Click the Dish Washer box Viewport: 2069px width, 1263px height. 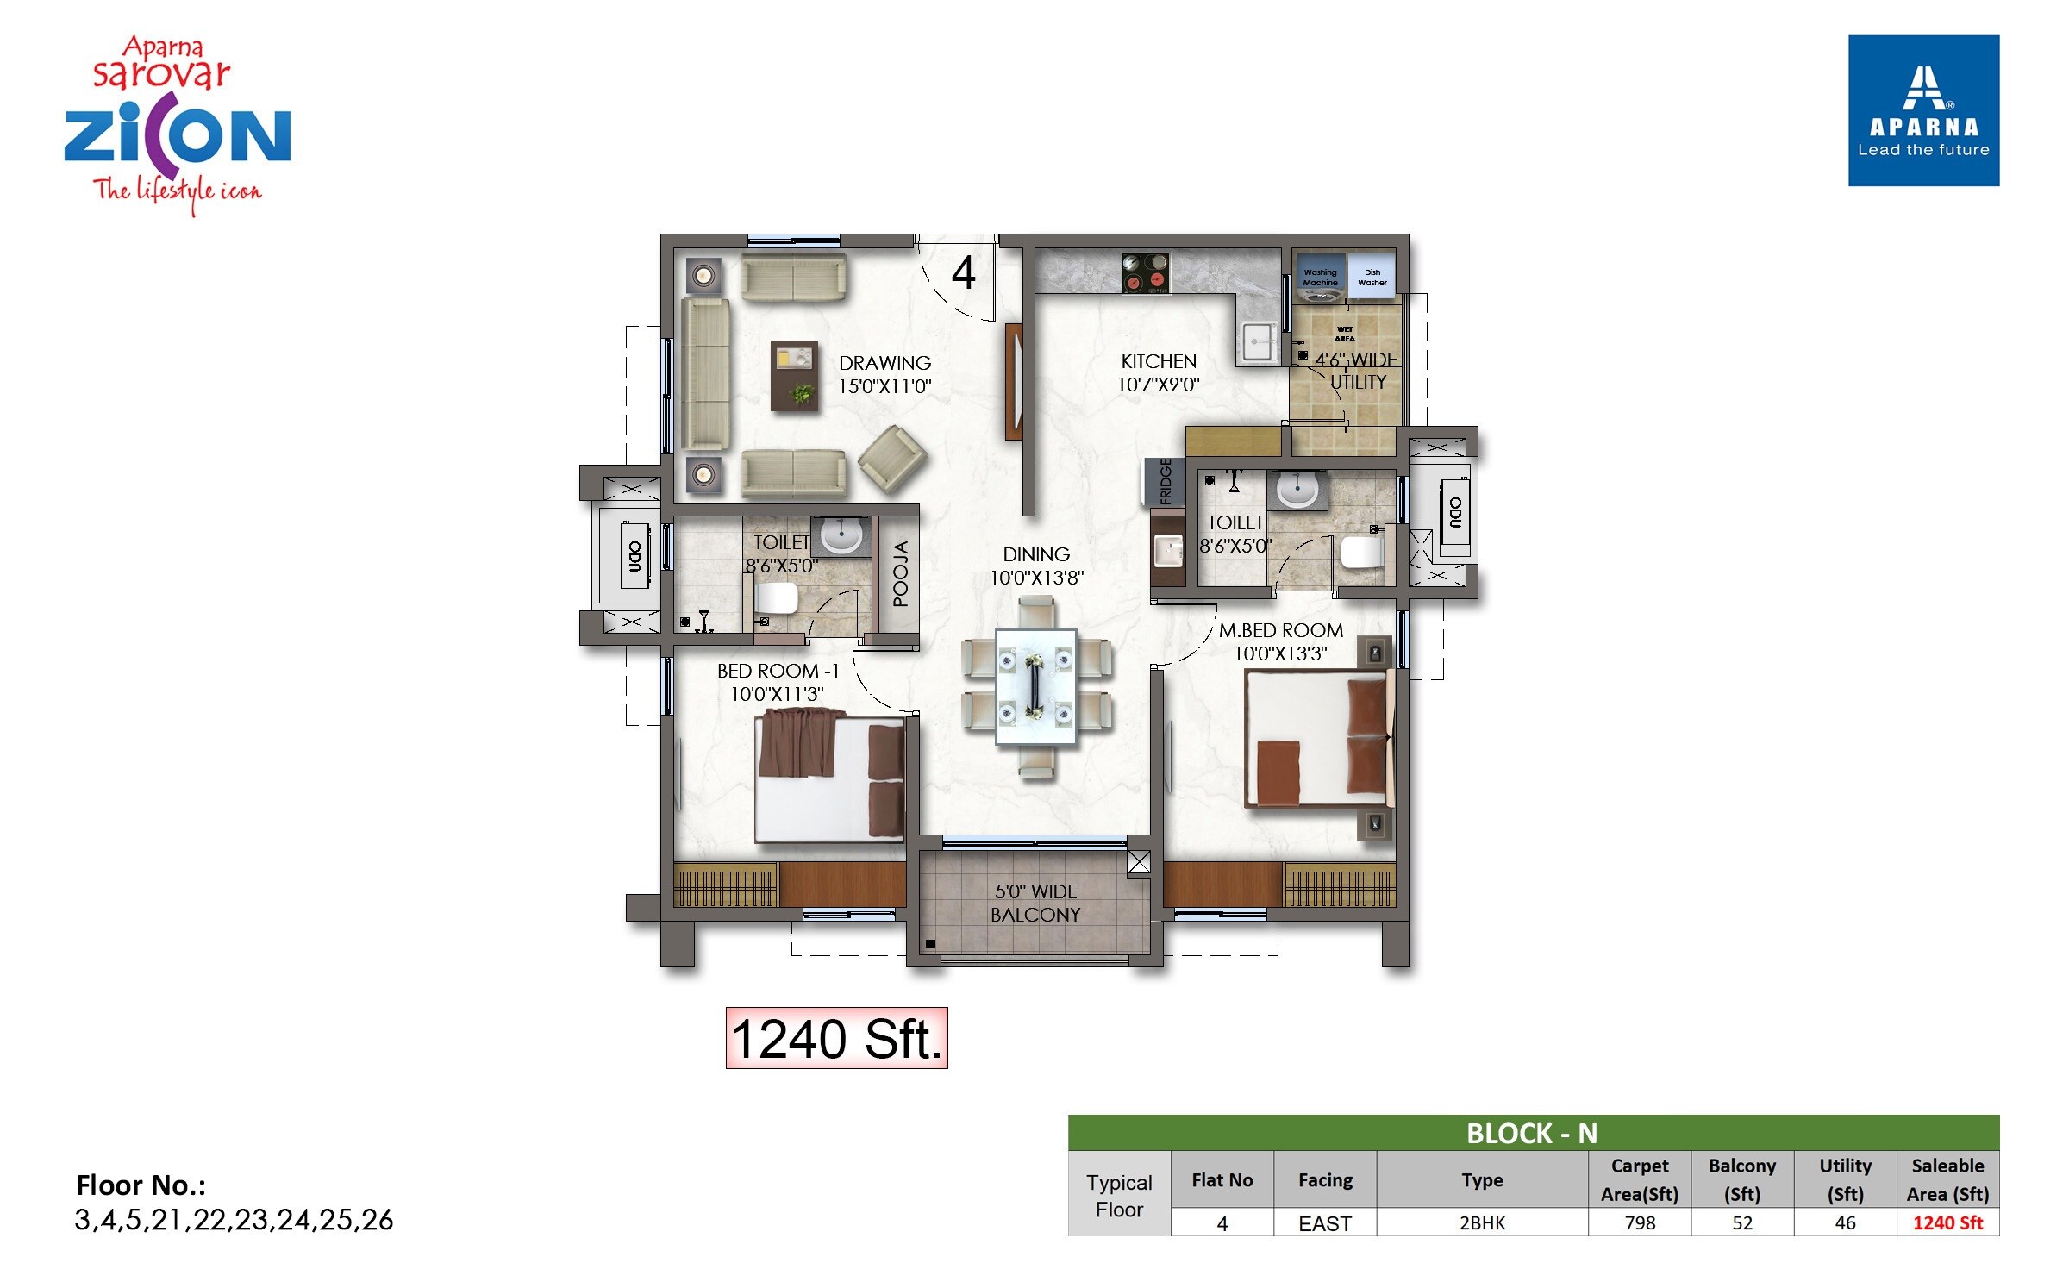click(1372, 277)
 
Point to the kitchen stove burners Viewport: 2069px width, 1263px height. click(1145, 272)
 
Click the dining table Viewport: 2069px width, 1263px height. click(1035, 686)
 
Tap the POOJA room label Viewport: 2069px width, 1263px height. click(900, 573)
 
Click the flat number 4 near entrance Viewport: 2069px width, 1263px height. click(963, 272)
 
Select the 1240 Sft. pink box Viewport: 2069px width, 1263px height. click(836, 1038)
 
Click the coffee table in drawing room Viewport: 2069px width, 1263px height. click(794, 376)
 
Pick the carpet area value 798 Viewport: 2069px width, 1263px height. click(1639, 1222)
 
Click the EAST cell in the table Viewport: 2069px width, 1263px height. click(1324, 1222)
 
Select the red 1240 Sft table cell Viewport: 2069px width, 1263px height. click(1947, 1222)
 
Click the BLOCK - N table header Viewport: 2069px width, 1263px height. click(1533, 1133)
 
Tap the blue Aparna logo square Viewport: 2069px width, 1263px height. click(1922, 110)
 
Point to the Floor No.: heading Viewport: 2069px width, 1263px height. click(141, 1185)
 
